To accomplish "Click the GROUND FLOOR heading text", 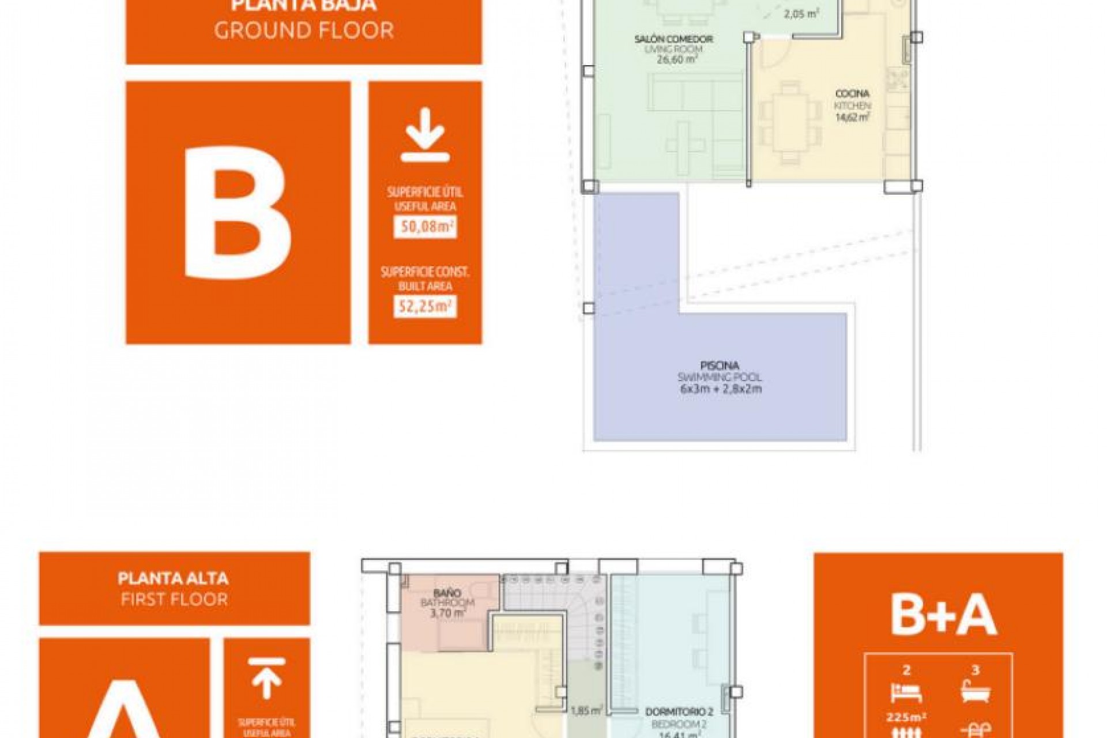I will click(x=304, y=31).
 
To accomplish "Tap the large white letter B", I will click(x=238, y=213).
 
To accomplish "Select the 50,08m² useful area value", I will click(x=425, y=227).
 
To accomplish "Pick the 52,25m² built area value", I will click(x=425, y=306).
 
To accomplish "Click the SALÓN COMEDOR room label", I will click(x=673, y=39).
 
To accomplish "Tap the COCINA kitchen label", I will click(x=852, y=93).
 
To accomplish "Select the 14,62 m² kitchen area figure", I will click(x=852, y=118).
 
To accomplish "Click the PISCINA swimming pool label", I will click(x=720, y=366).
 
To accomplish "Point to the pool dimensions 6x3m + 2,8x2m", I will click(x=721, y=389).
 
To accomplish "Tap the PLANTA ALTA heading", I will click(x=173, y=578).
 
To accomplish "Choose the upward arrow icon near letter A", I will click(x=266, y=677).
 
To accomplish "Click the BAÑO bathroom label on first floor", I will click(x=447, y=593).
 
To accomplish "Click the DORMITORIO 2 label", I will click(x=679, y=713).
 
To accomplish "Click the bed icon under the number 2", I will click(x=906, y=692).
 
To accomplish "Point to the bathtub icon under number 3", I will click(x=975, y=692).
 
